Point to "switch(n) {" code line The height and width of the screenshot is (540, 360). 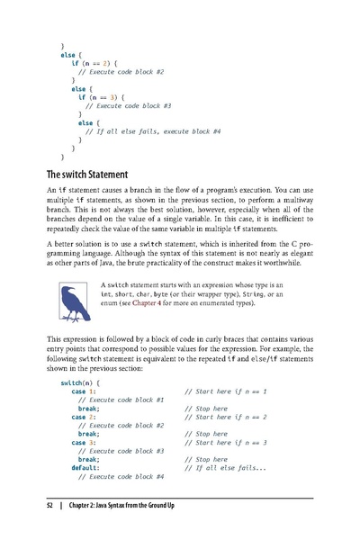pos(79,382)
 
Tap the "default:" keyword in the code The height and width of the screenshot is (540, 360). pos(88,467)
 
